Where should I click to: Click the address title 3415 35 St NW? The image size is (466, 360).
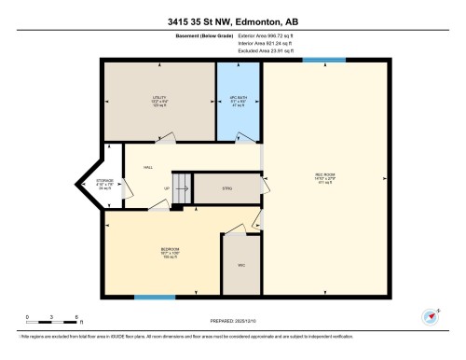pyautogui.click(x=232, y=21)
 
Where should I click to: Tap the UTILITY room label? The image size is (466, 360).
pyautogui.click(x=160, y=99)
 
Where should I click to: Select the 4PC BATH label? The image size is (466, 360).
pyautogui.click(x=239, y=99)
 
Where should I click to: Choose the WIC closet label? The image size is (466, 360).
pyautogui.click(x=241, y=266)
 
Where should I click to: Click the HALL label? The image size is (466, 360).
pyautogui.click(x=147, y=167)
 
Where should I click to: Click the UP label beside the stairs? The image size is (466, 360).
pyautogui.click(x=168, y=188)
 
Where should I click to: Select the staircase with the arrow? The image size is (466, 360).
pyautogui.click(x=182, y=187)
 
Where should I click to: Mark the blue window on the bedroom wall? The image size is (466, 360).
pyautogui.click(x=154, y=297)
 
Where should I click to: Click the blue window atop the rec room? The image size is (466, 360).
pyautogui.click(x=324, y=61)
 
